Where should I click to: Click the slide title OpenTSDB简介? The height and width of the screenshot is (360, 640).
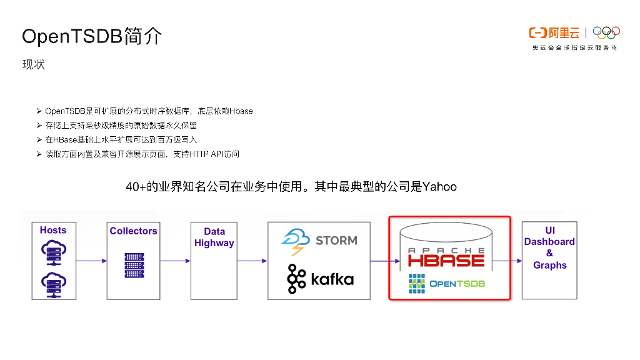[x=92, y=36]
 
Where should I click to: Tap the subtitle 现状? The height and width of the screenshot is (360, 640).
[x=34, y=64]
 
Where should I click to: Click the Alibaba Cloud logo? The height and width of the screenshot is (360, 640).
[x=554, y=32]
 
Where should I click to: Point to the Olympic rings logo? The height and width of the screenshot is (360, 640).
[x=606, y=32]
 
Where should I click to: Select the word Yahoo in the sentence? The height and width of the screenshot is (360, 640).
[x=439, y=186]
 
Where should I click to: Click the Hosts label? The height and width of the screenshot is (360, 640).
[x=53, y=230]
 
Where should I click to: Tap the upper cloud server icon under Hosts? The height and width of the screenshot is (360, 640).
[x=53, y=252]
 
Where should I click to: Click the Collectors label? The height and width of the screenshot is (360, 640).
[x=133, y=231]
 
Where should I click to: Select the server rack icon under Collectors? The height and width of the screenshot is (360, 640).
[x=134, y=265]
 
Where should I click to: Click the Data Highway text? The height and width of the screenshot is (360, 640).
[x=214, y=237]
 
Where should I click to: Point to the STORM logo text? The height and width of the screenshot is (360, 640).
[x=336, y=240]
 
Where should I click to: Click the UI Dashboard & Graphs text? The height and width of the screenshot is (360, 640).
[x=549, y=247]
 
